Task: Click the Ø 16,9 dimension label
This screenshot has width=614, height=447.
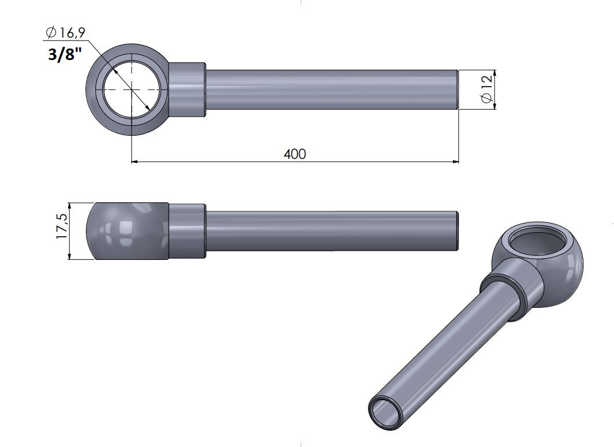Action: (65, 32)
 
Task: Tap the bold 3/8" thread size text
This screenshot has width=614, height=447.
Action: (65, 54)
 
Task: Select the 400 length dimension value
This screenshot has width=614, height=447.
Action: (295, 154)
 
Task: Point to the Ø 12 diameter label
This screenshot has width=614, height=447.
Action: (487, 90)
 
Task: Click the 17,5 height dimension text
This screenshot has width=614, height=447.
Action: (62, 226)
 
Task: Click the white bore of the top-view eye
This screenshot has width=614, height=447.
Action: (132, 90)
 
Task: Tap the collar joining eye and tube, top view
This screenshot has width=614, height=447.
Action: (187, 90)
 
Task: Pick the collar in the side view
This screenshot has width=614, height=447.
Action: (187, 231)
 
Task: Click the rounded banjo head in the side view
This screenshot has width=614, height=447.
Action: (128, 231)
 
